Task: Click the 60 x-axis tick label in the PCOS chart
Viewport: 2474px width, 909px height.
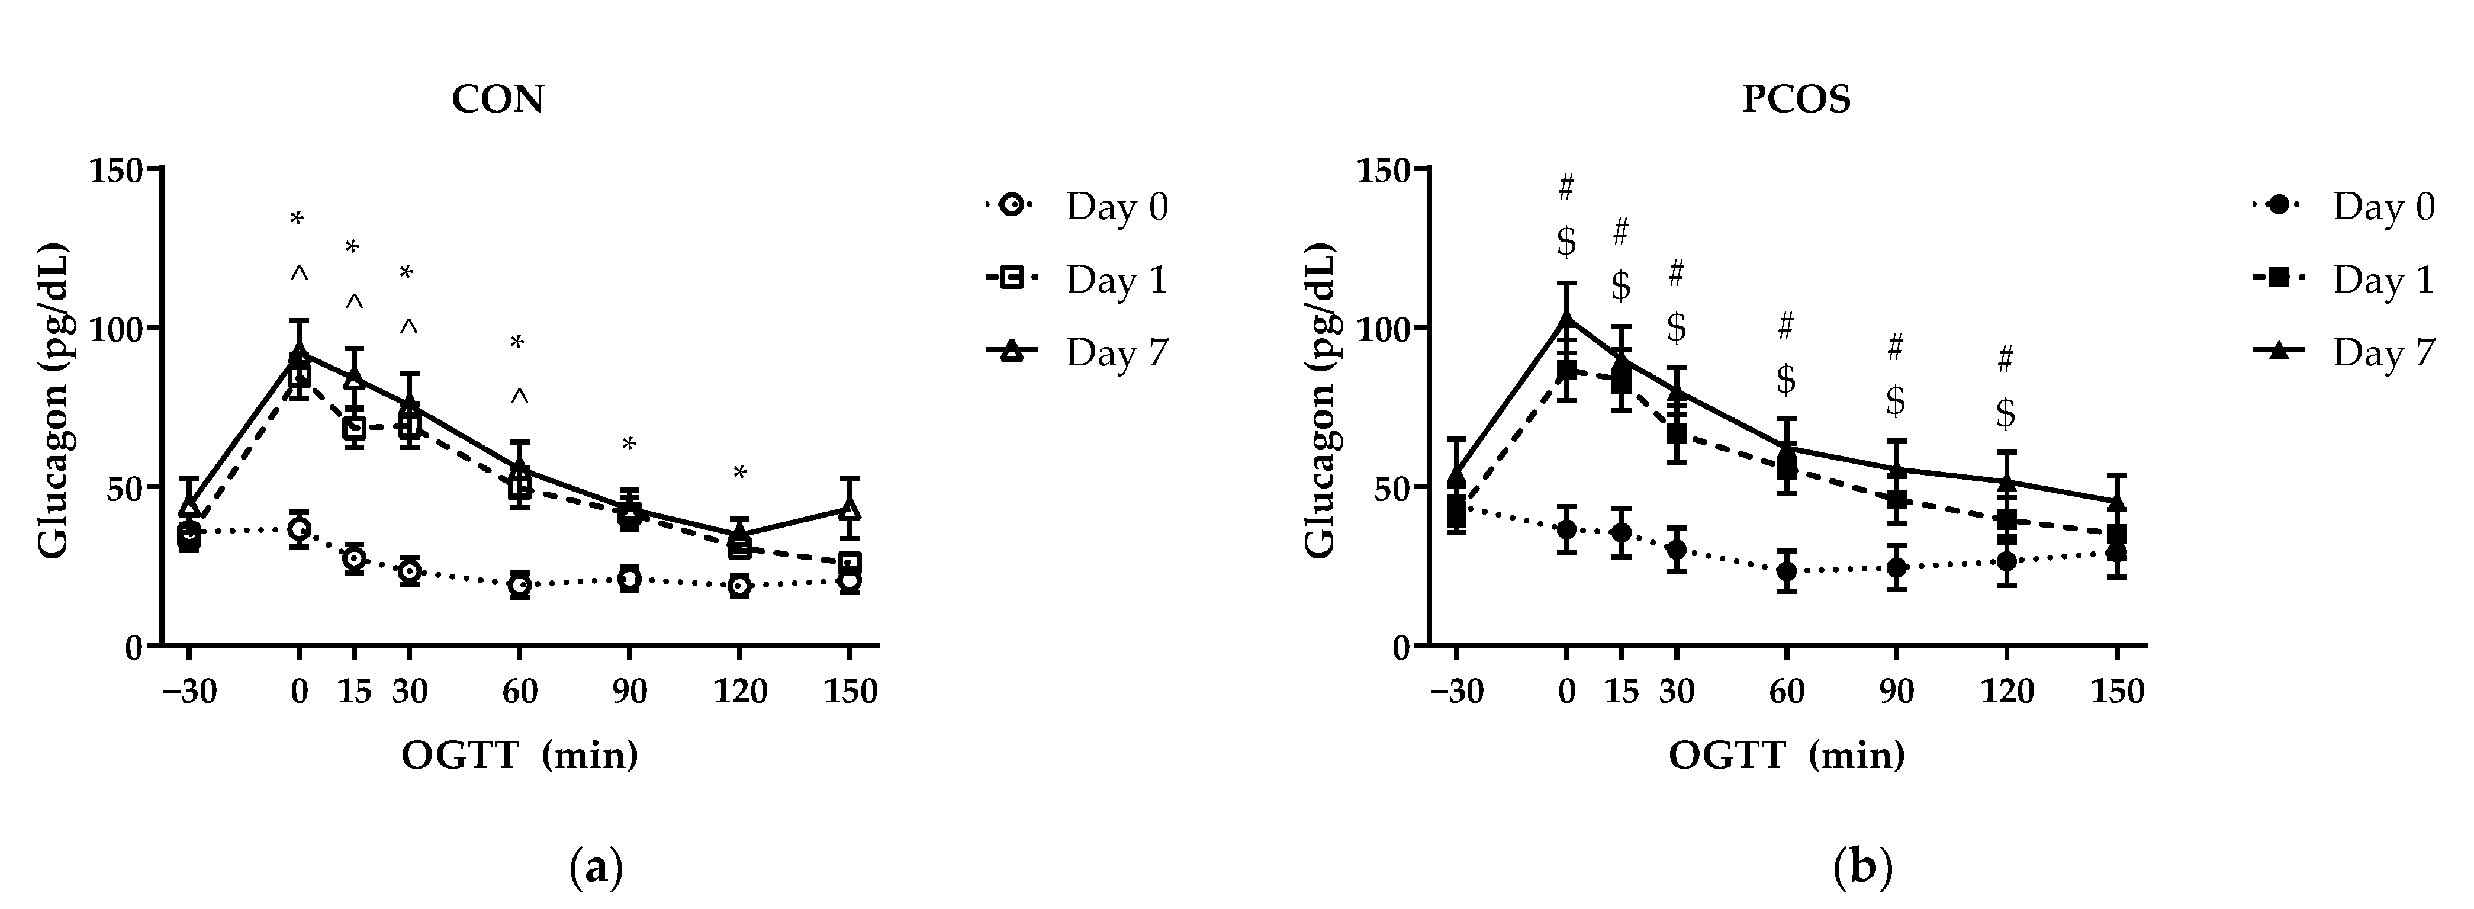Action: click(x=1786, y=692)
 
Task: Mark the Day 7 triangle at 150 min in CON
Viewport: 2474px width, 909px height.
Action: click(x=849, y=508)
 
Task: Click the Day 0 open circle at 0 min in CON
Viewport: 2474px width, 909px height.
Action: click(x=299, y=528)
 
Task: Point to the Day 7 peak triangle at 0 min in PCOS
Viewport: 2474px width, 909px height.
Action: click(x=1566, y=317)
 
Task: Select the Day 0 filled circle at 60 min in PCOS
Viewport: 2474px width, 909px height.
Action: click(x=1786, y=571)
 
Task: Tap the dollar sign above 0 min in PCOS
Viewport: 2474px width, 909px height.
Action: click(x=1566, y=242)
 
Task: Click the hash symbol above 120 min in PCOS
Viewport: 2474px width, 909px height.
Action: click(x=2005, y=360)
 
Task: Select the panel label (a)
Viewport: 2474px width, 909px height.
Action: click(x=596, y=869)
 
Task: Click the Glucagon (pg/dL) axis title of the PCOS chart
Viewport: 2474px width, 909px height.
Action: click(x=1321, y=404)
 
